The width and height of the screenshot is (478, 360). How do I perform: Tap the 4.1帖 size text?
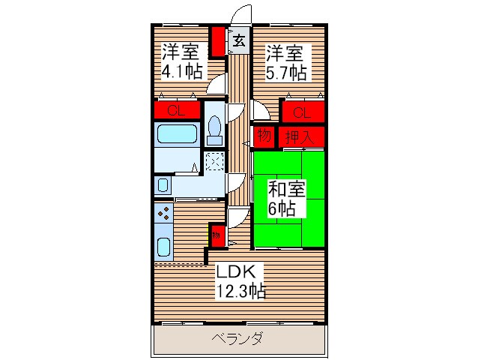click(181, 73)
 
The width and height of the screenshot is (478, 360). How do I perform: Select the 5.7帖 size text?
click(285, 73)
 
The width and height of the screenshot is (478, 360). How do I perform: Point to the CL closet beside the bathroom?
click(177, 111)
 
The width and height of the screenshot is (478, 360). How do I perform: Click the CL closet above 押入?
click(302, 112)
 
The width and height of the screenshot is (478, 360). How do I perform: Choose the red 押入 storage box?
click(302, 136)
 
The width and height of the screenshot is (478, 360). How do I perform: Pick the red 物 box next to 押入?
click(264, 136)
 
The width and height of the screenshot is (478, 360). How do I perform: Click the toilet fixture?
click(214, 130)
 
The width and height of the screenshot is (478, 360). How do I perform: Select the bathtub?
click(176, 136)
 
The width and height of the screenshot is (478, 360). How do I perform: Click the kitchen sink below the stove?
click(164, 246)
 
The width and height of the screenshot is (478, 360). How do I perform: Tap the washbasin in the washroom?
click(163, 184)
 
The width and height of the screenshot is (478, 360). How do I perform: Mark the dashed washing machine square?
click(214, 161)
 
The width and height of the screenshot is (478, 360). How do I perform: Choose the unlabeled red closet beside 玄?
click(217, 43)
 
